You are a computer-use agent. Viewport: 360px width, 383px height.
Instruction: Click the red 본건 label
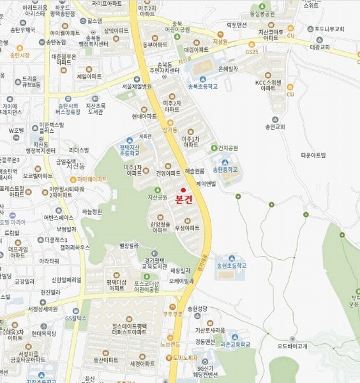[x=183, y=199]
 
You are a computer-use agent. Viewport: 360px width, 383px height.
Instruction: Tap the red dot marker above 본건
[x=183, y=190]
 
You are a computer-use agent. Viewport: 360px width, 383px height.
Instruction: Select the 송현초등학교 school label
[x=231, y=265]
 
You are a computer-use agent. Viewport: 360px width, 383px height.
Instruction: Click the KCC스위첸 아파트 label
[x=268, y=85]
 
